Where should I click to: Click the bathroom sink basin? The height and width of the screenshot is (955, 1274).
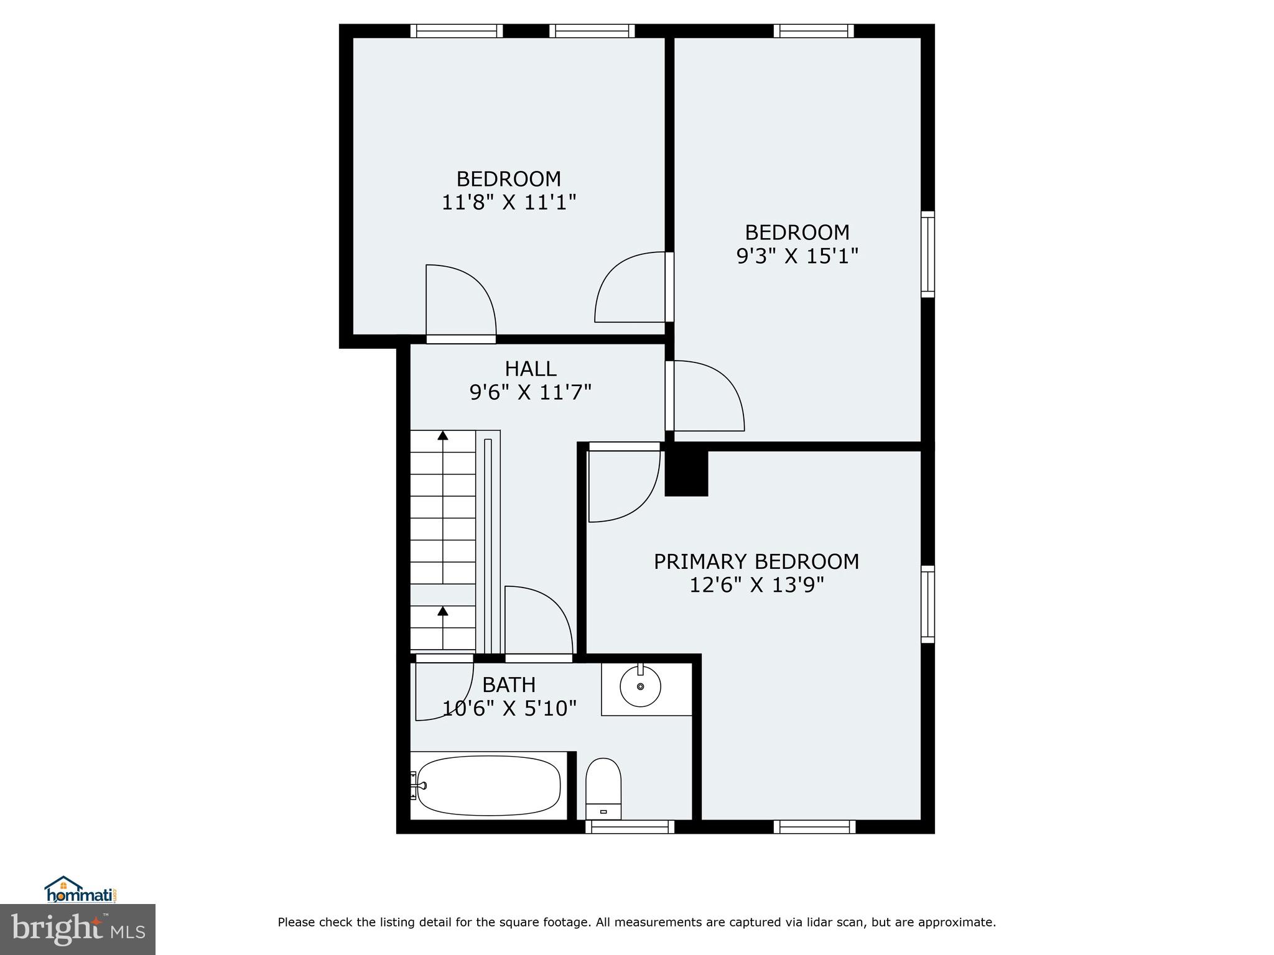point(640,686)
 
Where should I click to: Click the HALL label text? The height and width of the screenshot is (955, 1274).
point(530,369)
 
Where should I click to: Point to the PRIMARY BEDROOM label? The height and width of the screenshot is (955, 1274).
point(756,561)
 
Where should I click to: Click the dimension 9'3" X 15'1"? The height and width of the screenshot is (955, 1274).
point(797,256)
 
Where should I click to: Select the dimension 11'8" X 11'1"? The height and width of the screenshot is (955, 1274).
point(509,202)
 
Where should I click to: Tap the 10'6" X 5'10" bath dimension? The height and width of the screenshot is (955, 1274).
point(509,708)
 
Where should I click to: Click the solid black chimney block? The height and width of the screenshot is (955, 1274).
point(686,473)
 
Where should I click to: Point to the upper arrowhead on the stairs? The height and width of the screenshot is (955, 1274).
point(443,435)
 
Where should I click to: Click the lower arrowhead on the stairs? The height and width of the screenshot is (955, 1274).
point(443,611)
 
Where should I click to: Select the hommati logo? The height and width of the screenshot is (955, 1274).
point(81,890)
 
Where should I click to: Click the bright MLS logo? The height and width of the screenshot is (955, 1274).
point(77,930)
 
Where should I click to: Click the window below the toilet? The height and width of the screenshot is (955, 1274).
point(630,826)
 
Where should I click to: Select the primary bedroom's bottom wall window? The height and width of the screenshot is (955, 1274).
point(814,826)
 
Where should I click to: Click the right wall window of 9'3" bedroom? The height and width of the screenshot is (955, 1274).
point(927,254)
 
